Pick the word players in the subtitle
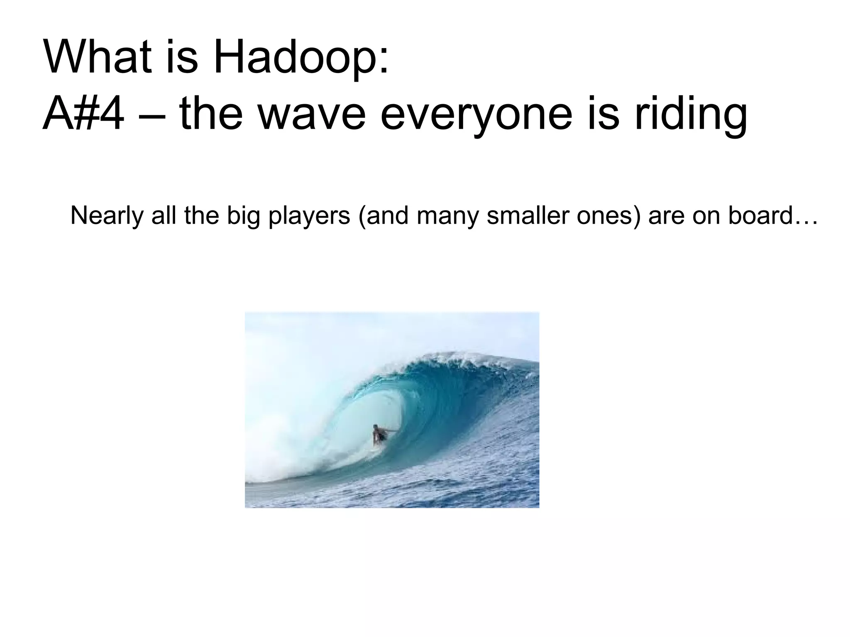[x=310, y=216]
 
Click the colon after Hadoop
[x=384, y=62]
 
